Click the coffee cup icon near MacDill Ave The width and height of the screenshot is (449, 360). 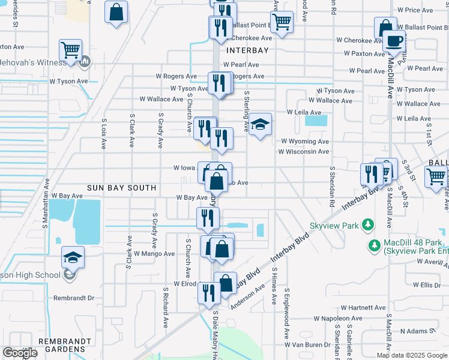(x=394, y=40)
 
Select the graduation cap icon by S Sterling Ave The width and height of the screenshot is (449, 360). (x=261, y=124)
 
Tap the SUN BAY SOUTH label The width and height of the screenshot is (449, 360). (x=122, y=188)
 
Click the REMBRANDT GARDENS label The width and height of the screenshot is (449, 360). (x=64, y=345)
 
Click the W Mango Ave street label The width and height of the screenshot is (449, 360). (x=154, y=254)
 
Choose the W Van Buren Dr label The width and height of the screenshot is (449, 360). (x=308, y=345)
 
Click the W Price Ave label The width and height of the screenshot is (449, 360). (x=419, y=10)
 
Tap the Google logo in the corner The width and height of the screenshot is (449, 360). (x=20, y=353)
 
